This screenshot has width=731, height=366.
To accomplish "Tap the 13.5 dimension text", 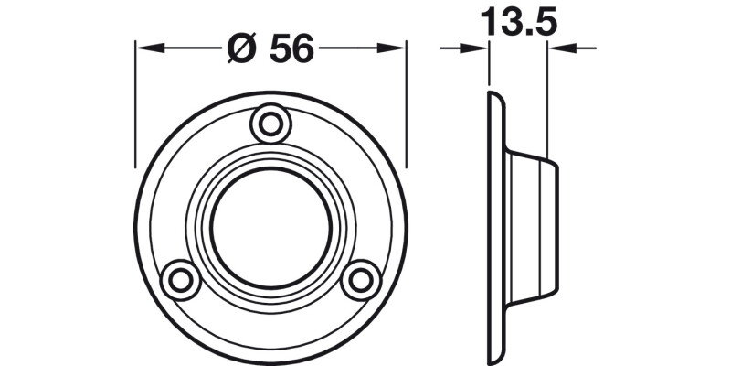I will pos(517,22).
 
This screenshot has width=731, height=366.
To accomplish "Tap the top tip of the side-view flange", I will pos(493,94).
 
